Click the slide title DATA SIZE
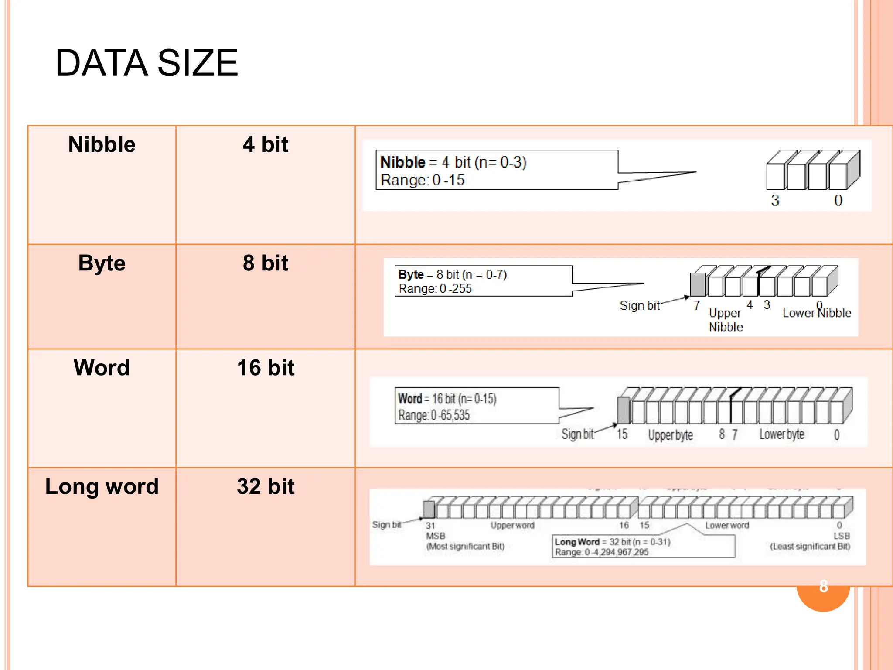coord(147,63)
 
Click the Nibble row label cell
coord(102,144)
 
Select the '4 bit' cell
coord(266,144)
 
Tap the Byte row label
coord(102,263)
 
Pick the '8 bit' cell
coord(266,263)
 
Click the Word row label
coord(102,368)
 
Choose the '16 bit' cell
coord(266,368)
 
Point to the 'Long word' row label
coord(102,486)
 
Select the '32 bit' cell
coord(266,486)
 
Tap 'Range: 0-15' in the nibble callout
coord(423,180)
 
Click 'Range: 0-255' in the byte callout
coord(435,289)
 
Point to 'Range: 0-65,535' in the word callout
coord(434,415)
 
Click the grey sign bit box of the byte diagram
coord(697,284)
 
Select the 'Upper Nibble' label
coord(725,320)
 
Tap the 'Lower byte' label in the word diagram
coord(782,434)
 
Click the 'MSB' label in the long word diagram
coord(436,536)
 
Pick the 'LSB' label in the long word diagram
coord(842,536)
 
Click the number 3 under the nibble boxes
coord(775,200)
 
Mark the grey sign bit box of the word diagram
coord(624,410)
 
